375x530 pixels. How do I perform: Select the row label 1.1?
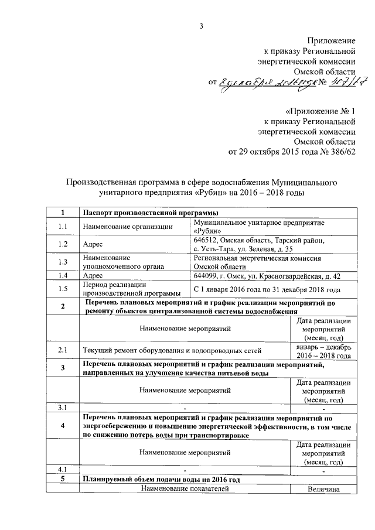pyautogui.click(x=63, y=226)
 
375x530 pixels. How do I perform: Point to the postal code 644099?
pyautogui.click(x=206, y=275)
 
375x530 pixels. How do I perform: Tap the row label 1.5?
pyautogui.click(x=63, y=289)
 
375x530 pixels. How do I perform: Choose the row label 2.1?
pyautogui.click(x=63, y=351)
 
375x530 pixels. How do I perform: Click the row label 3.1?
pyautogui.click(x=63, y=408)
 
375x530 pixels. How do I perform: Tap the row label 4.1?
pyautogui.click(x=63, y=470)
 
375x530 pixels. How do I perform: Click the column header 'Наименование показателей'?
pyautogui.click(x=185, y=489)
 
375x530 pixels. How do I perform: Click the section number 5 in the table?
pyautogui.click(x=63, y=479)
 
